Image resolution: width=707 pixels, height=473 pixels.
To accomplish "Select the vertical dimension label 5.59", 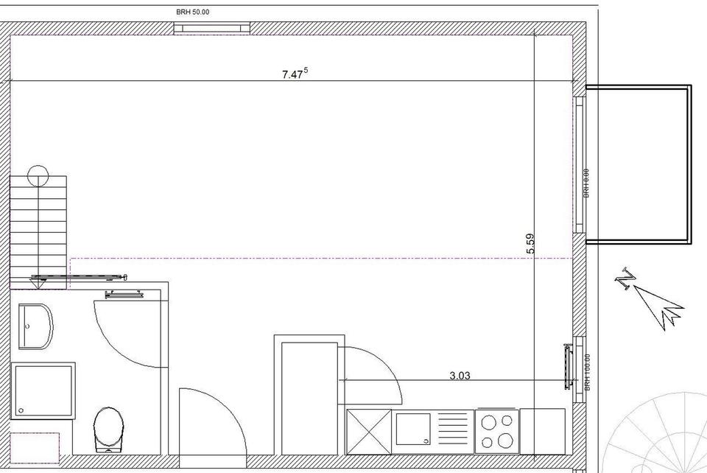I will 530,244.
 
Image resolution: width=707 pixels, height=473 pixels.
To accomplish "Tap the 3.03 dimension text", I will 460,375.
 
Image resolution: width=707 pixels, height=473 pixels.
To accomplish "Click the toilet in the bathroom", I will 109,429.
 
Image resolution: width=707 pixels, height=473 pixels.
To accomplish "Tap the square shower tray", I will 43,390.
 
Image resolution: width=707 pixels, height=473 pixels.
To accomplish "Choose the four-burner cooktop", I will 496,430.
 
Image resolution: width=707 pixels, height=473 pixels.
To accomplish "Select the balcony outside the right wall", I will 638,164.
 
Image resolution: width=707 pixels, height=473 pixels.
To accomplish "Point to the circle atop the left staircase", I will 38,175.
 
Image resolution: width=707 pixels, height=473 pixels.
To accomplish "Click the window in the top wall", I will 214,29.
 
